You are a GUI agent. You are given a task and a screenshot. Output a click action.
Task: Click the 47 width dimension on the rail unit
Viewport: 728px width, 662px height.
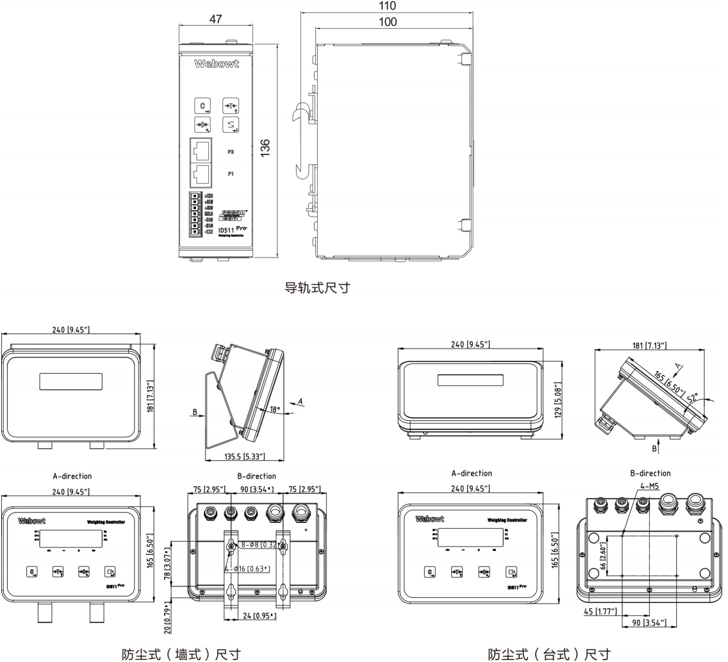coord(215,19)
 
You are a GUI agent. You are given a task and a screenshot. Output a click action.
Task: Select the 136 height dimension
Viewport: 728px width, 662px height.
coord(265,147)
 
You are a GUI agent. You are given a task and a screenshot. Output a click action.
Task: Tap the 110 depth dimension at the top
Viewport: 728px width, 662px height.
coord(388,6)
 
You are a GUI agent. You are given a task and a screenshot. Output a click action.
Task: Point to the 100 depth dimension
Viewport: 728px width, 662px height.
coord(388,22)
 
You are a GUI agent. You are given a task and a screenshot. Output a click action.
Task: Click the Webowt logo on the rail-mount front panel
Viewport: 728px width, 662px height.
coord(216,64)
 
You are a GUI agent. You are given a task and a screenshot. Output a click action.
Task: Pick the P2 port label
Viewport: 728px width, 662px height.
coord(230,152)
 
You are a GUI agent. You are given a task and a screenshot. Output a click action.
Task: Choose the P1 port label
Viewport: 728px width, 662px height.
coord(230,174)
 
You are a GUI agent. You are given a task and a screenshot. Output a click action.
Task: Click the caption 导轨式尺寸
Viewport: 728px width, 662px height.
coord(317,287)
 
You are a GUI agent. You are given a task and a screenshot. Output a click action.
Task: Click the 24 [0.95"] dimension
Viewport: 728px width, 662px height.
coord(256,616)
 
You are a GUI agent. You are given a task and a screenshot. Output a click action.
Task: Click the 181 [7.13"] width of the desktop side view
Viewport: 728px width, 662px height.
coord(649,346)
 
